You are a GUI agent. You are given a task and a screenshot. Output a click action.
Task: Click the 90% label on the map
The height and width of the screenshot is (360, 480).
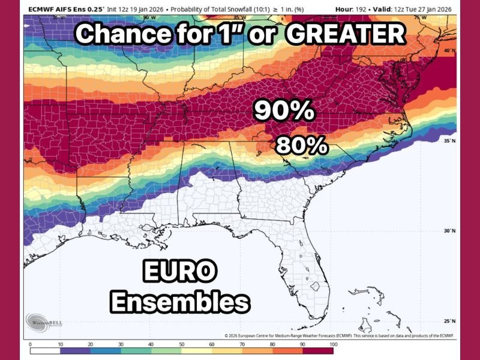(284, 110)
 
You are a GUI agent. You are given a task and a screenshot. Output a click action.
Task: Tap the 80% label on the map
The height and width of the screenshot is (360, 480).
(301, 145)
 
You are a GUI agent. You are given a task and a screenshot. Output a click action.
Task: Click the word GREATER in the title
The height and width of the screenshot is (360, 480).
(346, 34)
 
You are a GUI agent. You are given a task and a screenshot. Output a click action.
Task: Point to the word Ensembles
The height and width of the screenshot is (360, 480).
(180, 301)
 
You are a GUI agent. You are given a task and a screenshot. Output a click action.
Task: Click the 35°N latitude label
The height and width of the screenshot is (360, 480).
(450, 140)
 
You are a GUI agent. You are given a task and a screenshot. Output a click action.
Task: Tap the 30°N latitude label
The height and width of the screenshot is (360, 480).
(450, 231)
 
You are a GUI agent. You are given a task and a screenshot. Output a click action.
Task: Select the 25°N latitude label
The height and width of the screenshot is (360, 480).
(450, 320)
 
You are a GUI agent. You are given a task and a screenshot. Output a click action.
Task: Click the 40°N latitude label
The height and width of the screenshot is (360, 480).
(450, 51)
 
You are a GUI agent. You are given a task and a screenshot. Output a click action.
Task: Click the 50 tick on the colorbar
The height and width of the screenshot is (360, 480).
(182, 345)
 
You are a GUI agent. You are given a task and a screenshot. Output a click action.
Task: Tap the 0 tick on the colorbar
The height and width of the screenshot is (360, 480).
(30, 345)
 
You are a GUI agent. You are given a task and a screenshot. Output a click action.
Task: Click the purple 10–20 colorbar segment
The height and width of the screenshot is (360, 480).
(75, 350)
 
